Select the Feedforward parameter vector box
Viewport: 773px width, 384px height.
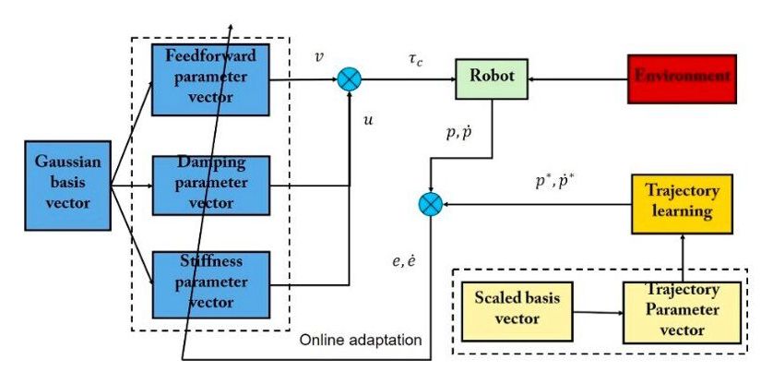(210, 79)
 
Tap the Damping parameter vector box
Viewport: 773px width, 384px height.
(210, 185)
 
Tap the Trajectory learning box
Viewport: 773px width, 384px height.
(681, 203)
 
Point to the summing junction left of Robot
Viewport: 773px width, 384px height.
(349, 80)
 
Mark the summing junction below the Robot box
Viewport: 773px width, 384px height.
(431, 203)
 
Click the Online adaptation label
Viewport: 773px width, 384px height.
(361, 341)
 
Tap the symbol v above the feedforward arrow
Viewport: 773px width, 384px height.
(319, 57)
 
